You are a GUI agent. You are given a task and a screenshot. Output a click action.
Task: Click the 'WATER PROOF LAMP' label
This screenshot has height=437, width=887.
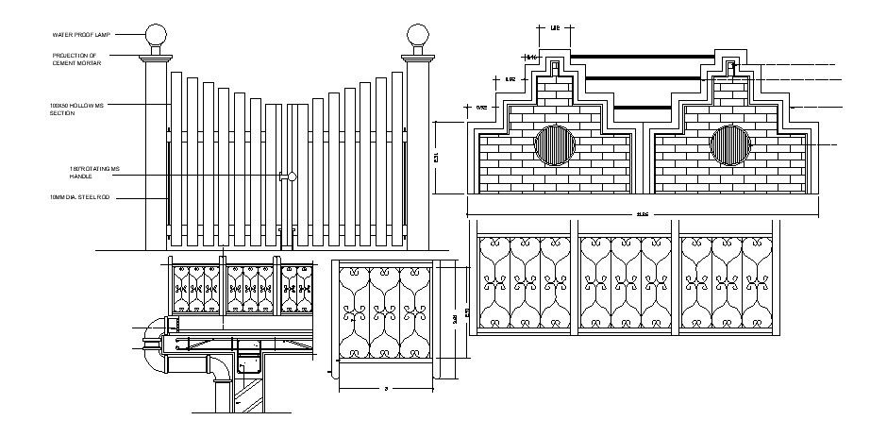pyautogui.click(x=82, y=35)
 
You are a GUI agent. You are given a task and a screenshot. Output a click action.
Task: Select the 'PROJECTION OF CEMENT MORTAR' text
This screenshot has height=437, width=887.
pyautogui.click(x=76, y=59)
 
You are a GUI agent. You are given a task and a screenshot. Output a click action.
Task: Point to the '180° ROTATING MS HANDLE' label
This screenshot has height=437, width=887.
pyautogui.click(x=94, y=173)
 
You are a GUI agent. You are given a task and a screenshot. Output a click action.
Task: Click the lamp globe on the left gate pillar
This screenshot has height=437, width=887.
pyautogui.click(x=156, y=38)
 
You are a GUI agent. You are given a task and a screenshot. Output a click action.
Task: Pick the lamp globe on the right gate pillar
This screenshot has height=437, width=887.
pyautogui.click(x=416, y=38)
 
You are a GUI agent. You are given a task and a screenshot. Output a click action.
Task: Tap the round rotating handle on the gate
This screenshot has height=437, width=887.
pyautogui.click(x=293, y=176)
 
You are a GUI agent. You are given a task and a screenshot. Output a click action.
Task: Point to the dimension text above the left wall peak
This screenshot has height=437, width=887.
pyautogui.click(x=555, y=28)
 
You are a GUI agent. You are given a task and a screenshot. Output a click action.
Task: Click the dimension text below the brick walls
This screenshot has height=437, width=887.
pyautogui.click(x=643, y=214)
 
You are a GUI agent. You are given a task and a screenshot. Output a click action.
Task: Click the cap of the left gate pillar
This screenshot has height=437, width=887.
pyautogui.click(x=156, y=59)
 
